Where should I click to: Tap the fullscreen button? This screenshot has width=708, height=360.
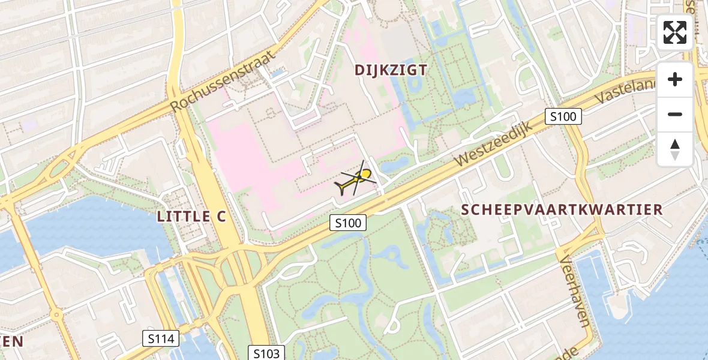pos(675,32)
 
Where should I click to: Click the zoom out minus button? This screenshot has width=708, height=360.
pos(675,114)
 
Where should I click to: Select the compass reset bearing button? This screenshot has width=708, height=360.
pos(675,149)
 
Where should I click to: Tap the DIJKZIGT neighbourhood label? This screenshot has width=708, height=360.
pos(391,70)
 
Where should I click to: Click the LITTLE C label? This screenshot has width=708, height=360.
pos(191,217)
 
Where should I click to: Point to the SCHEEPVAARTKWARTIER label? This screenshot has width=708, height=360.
pos(562,209)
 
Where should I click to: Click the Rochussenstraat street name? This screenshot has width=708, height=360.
pos(223,80)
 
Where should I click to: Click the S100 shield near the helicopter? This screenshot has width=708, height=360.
pos(348,223)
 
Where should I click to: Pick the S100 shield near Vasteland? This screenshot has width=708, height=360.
pos(563,116)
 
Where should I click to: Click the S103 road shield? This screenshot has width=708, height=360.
pos(266,352)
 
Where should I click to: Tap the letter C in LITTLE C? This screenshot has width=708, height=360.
pos(220,217)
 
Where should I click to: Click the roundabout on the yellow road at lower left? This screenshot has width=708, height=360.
pos(56,314)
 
